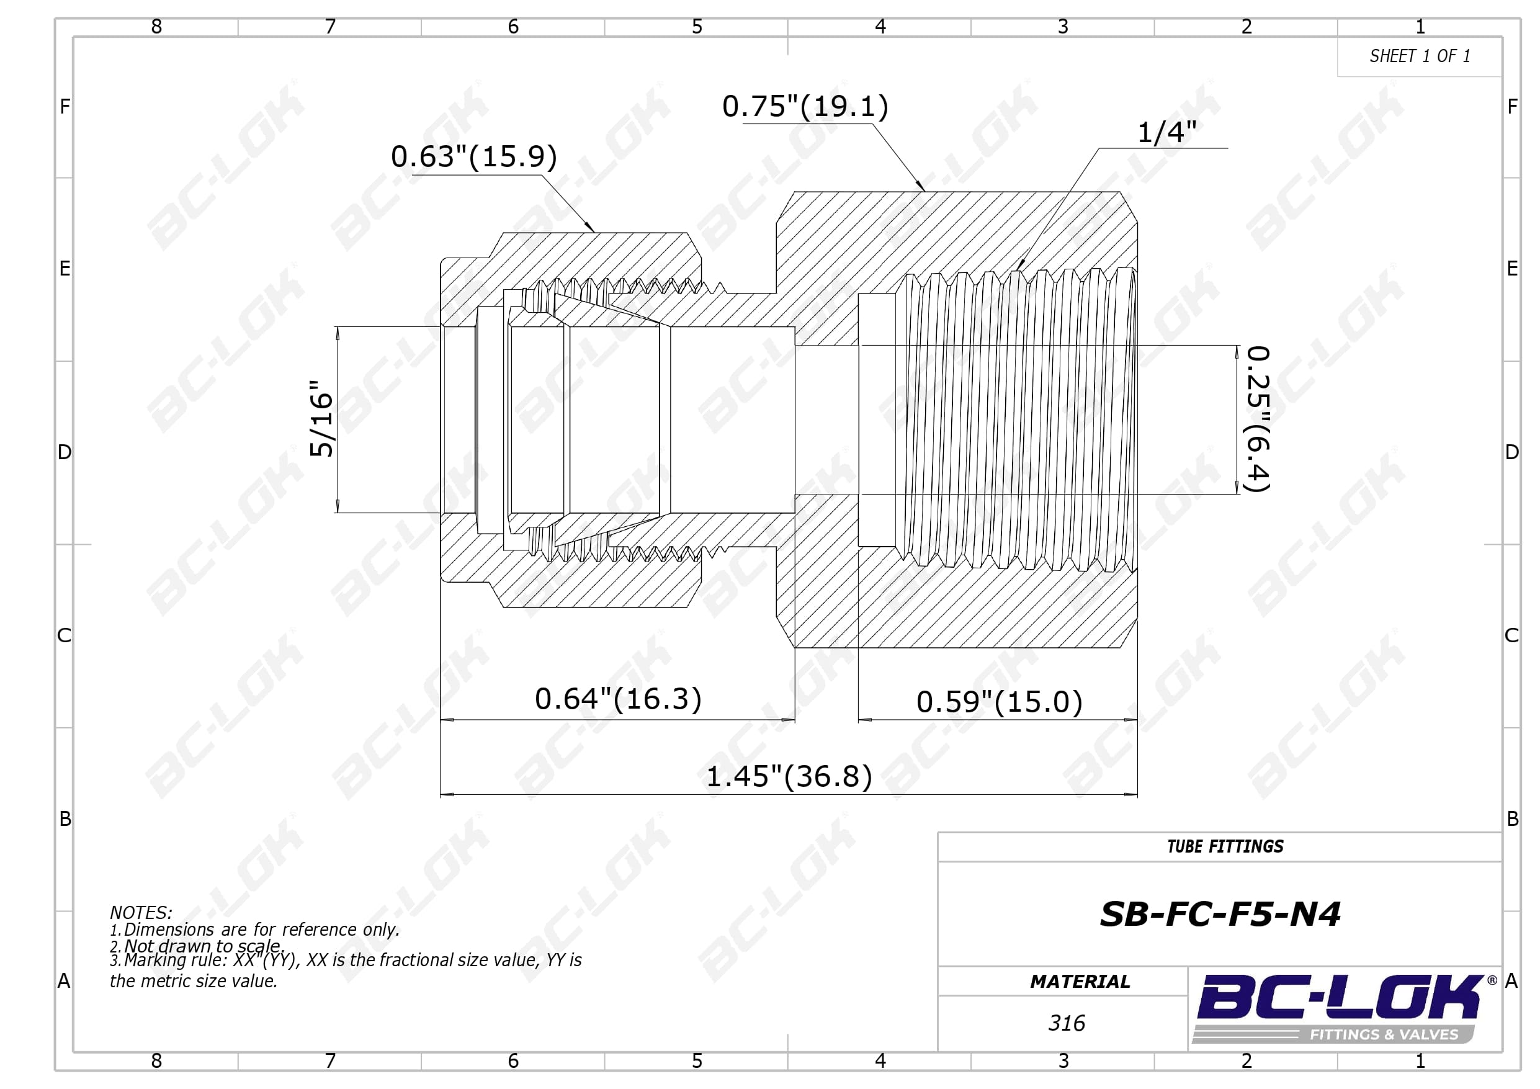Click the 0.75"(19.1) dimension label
point(805,106)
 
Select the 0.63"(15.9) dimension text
point(474,156)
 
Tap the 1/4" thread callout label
point(1166,132)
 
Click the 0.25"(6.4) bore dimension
point(1258,419)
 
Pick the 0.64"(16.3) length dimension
point(618,699)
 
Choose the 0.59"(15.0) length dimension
point(1000,702)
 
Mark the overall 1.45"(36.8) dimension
point(789,776)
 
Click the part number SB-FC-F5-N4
point(1220,914)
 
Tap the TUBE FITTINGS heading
point(1225,847)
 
